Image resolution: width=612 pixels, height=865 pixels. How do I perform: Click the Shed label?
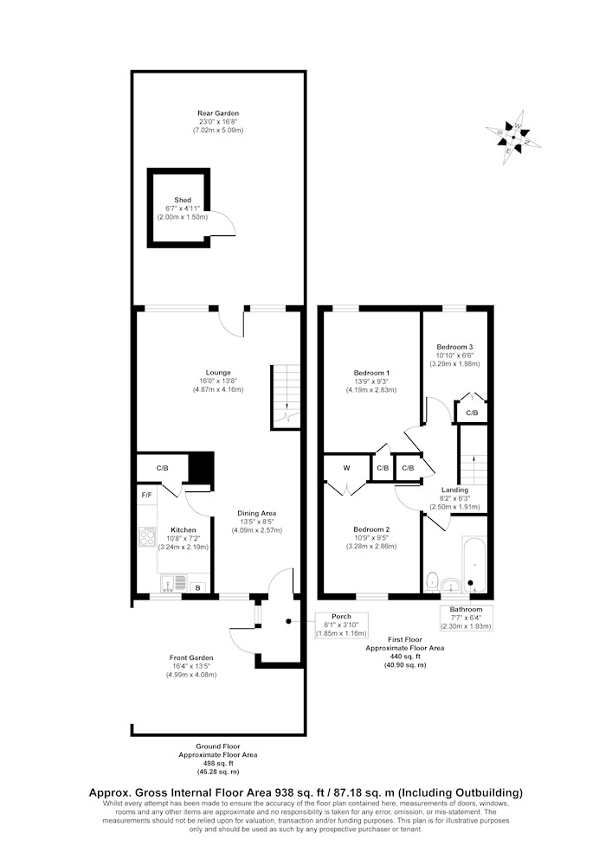click(183, 200)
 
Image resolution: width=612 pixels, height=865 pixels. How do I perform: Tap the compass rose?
click(513, 137)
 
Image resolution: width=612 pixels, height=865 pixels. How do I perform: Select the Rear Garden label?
click(218, 113)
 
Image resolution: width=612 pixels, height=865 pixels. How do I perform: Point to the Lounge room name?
click(218, 372)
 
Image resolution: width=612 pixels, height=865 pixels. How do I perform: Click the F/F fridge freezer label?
click(147, 495)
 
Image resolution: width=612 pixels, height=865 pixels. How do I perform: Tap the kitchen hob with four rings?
click(147, 537)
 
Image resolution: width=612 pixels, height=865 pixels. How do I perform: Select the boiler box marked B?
click(198, 588)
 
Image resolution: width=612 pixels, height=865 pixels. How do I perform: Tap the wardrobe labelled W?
click(346, 468)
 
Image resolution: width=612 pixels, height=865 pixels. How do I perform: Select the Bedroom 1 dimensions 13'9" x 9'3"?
click(369, 381)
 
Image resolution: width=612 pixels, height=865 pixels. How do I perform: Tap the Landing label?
click(454, 490)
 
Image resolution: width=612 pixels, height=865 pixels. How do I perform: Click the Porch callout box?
click(341, 625)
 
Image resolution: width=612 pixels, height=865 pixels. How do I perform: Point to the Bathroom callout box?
click(466, 618)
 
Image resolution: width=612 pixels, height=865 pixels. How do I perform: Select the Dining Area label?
click(256, 513)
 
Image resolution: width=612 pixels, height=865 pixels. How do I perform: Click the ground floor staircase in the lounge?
click(286, 396)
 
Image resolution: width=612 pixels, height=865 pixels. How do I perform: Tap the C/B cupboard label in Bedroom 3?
click(472, 413)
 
